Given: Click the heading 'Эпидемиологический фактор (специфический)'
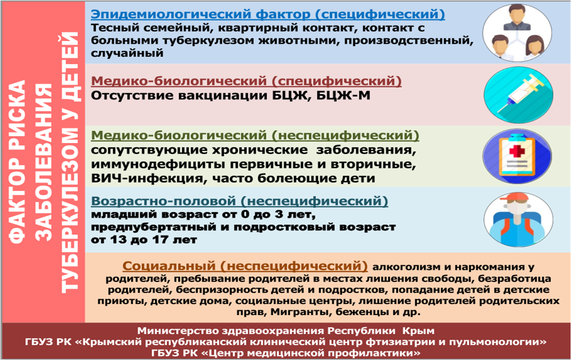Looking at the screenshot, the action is pos(268,14).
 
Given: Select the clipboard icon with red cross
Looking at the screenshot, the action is pos(517,156).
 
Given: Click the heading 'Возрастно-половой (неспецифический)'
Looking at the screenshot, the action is pos(239,201).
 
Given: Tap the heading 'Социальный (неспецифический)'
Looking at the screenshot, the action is pos(245,266).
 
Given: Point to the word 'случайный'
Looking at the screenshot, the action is pos(127,54).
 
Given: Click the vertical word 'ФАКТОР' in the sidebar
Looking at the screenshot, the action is pos(17,202).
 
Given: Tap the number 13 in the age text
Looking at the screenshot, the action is pos(118,240).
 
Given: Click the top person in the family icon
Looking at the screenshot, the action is pos(516,18).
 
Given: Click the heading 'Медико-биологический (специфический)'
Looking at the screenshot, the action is pos(246,81).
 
